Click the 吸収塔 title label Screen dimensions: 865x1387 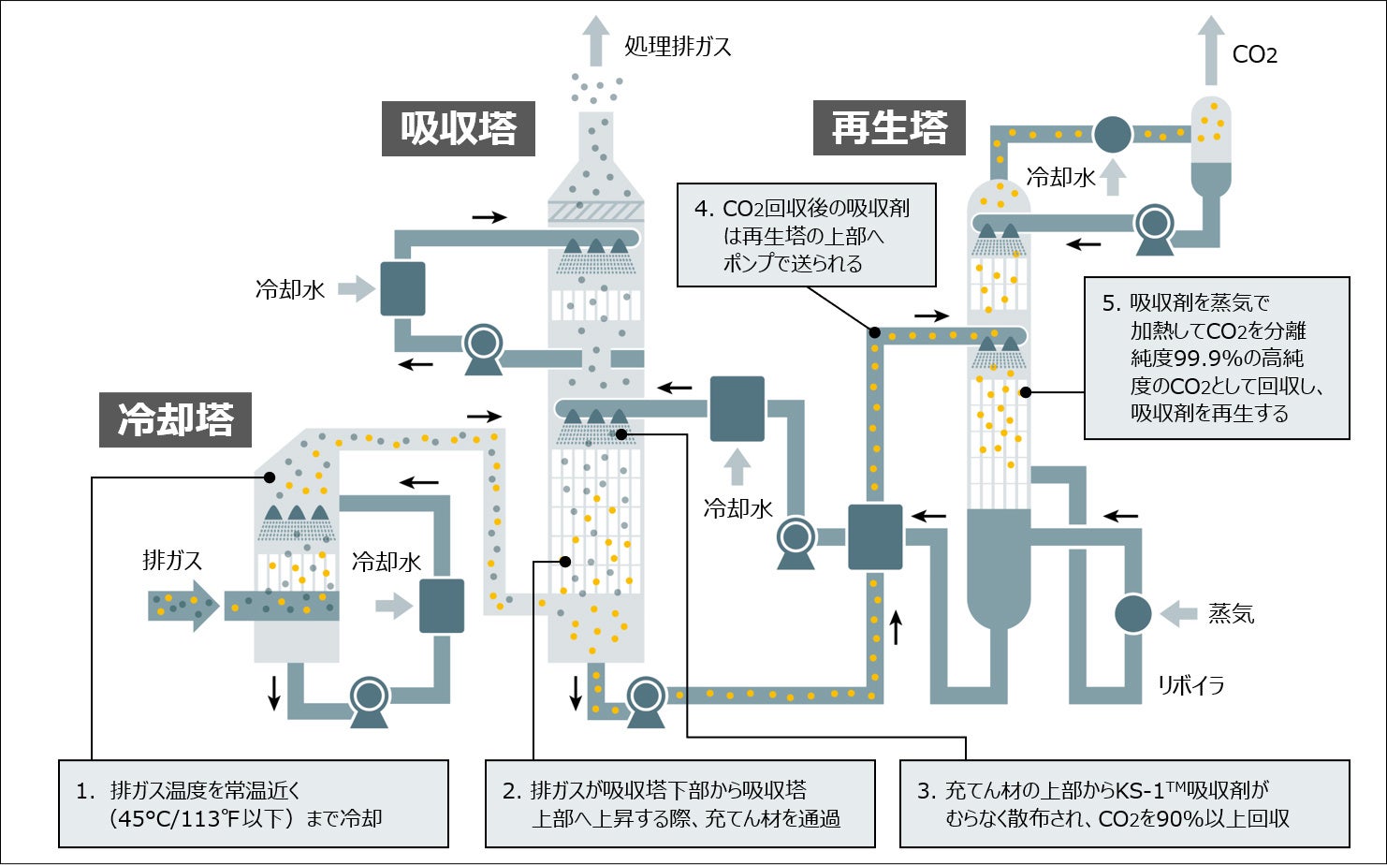coord(458,128)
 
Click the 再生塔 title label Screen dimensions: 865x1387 coord(888,127)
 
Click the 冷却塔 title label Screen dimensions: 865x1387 coord(176,419)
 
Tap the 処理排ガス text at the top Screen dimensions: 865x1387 coord(678,46)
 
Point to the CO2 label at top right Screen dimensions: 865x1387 coord(1254,54)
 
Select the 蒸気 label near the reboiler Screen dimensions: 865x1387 coord(1231,614)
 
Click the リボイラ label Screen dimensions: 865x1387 coord(1190,685)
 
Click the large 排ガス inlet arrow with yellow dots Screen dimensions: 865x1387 coord(183,605)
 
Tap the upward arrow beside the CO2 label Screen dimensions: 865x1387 coord(1211,51)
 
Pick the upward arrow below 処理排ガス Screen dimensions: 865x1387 coord(595,40)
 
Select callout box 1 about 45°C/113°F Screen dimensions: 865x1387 coord(254,804)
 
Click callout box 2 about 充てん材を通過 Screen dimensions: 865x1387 coord(680,804)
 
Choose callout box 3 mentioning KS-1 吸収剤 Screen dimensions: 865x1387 coord(1124,804)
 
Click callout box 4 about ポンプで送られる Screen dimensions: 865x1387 coord(807,235)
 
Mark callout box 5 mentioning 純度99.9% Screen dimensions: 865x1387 coord(1217,358)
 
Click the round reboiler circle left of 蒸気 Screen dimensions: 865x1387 coord(1132,614)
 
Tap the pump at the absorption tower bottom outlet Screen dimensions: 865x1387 coord(645,699)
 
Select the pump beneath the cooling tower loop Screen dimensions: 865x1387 coord(369,699)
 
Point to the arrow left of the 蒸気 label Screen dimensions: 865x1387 coord(1179,614)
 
